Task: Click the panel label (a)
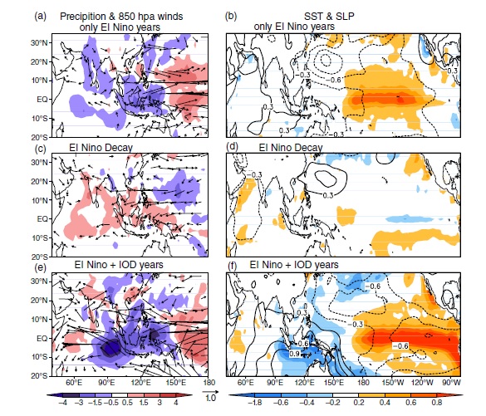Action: [x=41, y=16]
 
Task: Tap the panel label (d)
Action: [x=232, y=146]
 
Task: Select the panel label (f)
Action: [x=233, y=266]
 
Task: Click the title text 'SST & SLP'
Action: [x=329, y=16]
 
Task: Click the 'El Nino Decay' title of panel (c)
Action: [x=101, y=148]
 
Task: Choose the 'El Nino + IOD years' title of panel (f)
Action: [x=294, y=265]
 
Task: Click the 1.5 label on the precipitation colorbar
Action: [x=144, y=403]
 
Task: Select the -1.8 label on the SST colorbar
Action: [x=255, y=403]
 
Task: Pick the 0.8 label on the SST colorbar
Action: [x=436, y=403]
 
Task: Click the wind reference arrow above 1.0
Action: [x=210, y=392]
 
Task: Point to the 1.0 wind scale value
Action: [x=210, y=398]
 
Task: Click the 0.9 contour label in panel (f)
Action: [x=294, y=353]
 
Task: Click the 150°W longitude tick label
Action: [x=393, y=383]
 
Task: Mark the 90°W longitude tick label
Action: [x=451, y=383]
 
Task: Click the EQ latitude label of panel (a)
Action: [x=42, y=100]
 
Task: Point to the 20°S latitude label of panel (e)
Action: [x=39, y=376]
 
